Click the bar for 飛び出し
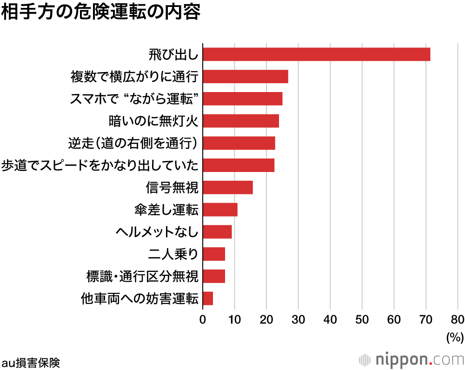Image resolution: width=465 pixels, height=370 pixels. pos(316,54)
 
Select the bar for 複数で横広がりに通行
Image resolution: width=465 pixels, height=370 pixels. pos(245,76)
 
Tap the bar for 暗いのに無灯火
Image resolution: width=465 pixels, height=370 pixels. pos(240,121)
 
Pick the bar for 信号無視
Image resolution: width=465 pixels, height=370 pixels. pos(227,187)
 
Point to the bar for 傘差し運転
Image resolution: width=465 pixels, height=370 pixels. pos(220,210)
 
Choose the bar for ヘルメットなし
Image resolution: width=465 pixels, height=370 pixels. pos(217,231)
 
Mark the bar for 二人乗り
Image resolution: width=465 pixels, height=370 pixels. pos(214,254)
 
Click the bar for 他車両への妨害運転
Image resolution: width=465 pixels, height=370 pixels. pos(208,298)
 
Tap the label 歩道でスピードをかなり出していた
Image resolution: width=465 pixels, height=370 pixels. pos(100,165)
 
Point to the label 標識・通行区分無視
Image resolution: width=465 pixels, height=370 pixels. pos(142,277)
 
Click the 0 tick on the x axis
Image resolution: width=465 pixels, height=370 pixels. pos(203,319)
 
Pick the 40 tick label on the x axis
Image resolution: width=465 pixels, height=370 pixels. pos(330,319)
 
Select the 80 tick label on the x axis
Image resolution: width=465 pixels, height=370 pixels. pos(458,319)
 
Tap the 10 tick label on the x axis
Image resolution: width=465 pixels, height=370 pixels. pos(234,319)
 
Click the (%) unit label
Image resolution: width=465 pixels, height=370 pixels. pos(455,337)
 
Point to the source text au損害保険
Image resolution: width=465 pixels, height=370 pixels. pos(31,362)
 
